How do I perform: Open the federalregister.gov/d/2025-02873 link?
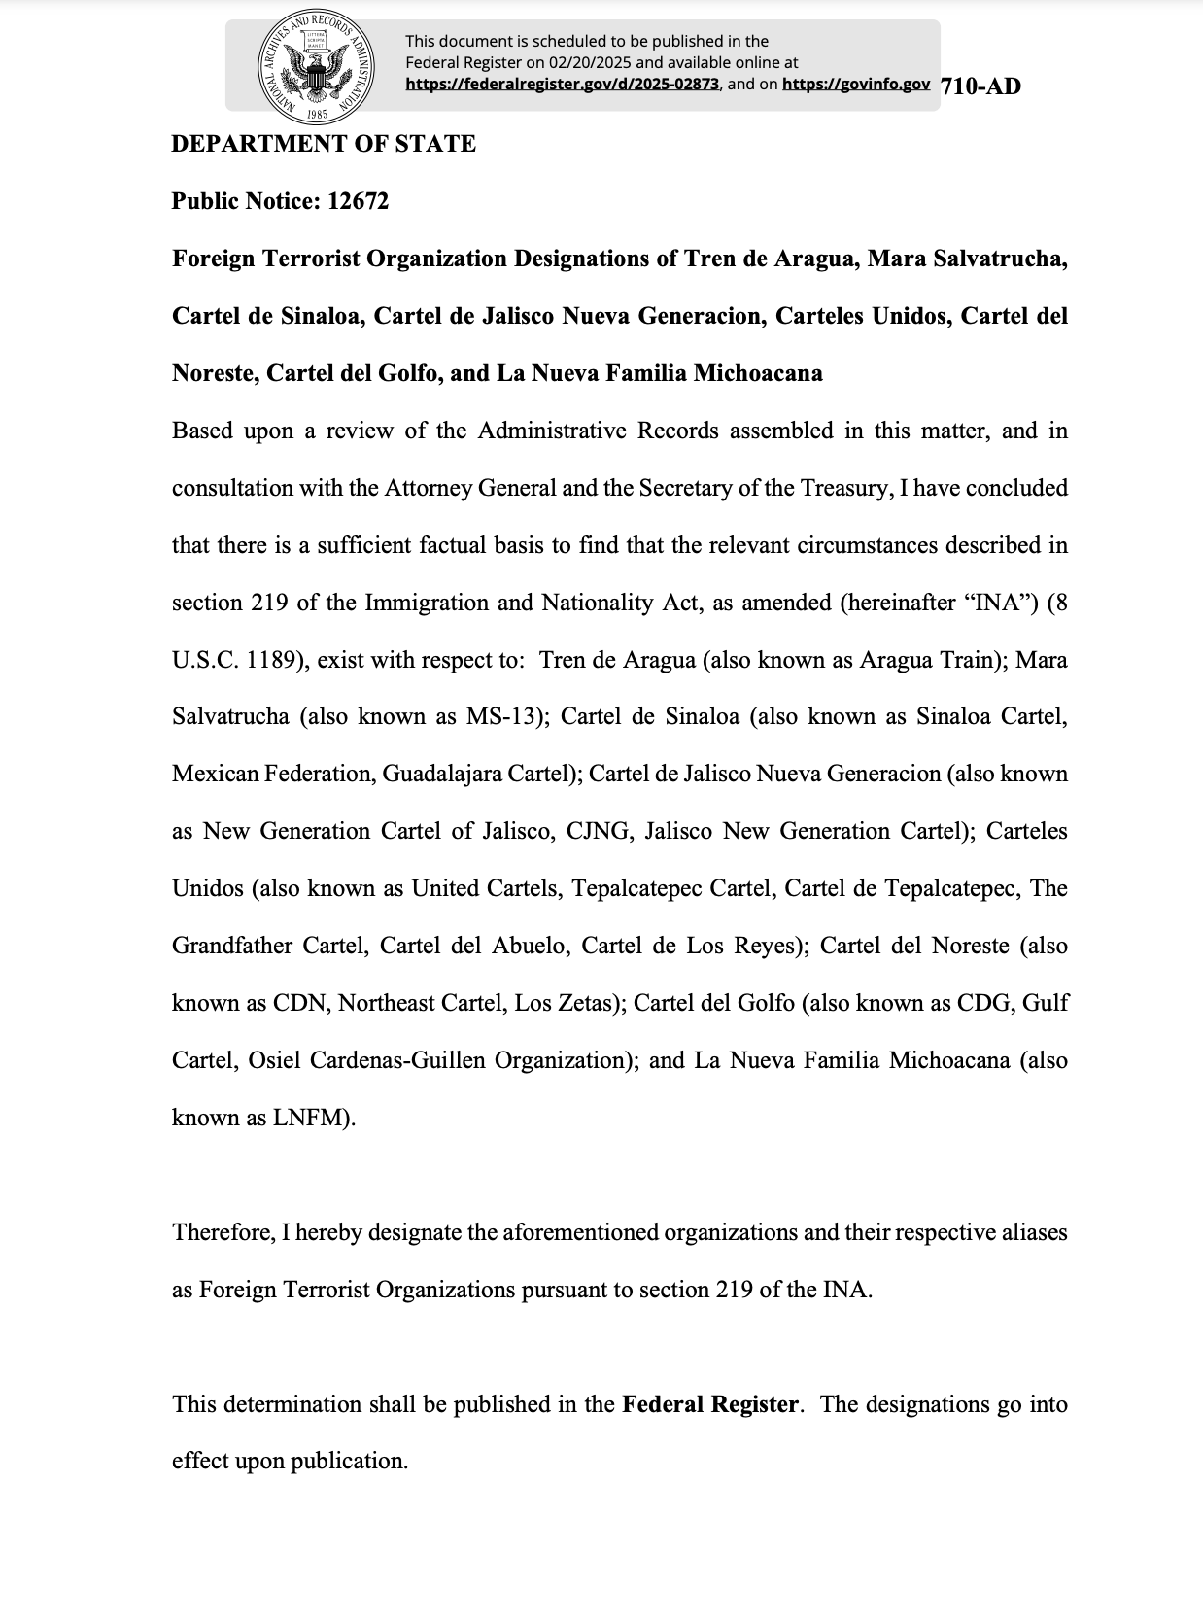[x=562, y=85]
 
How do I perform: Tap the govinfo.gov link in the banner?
[x=855, y=85]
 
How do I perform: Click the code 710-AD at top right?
[x=981, y=86]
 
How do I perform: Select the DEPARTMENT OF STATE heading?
[x=324, y=144]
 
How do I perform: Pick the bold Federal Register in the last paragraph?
[x=710, y=1404]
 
